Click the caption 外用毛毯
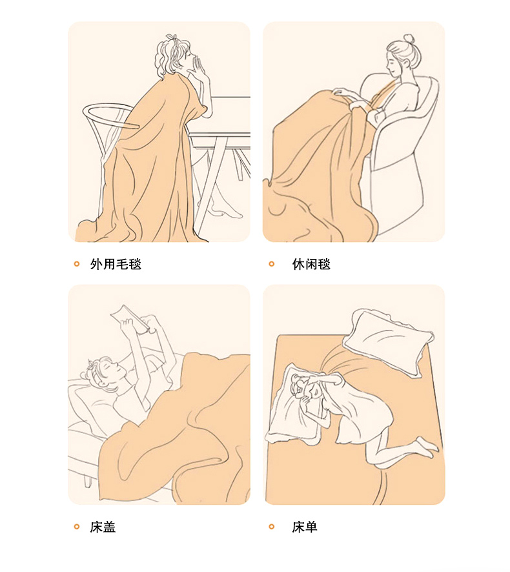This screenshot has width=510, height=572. (x=116, y=264)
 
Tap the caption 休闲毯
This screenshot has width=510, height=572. (x=311, y=264)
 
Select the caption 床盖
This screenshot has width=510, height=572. (x=103, y=527)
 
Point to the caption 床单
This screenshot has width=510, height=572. (x=305, y=527)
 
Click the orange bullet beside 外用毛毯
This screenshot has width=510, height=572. (x=77, y=264)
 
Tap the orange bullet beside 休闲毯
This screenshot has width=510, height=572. (x=271, y=264)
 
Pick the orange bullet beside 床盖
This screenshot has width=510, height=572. (x=77, y=526)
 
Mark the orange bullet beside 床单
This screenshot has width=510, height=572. (x=271, y=526)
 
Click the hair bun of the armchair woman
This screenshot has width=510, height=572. (x=409, y=39)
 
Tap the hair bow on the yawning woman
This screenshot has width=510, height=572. (x=172, y=38)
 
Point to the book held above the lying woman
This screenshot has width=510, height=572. (x=130, y=318)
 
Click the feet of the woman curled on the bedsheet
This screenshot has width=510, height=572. (x=427, y=446)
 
